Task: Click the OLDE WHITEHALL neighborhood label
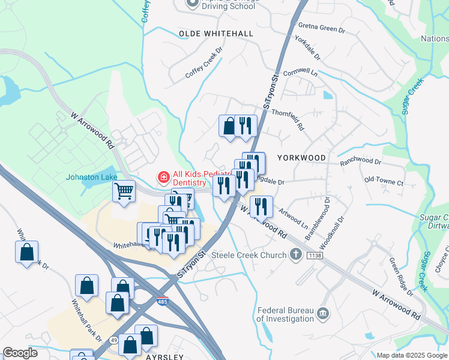click(x=216, y=34)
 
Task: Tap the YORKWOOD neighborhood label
click(x=302, y=158)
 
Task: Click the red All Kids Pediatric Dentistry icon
click(x=163, y=178)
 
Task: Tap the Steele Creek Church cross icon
click(x=295, y=255)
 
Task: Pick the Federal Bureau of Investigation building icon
click(x=323, y=313)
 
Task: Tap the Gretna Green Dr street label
click(x=321, y=29)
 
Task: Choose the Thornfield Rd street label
click(x=289, y=120)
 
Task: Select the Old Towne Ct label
click(x=384, y=179)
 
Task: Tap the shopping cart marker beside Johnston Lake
click(x=124, y=192)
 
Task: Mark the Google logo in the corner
click(x=20, y=353)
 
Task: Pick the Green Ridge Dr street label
click(x=400, y=276)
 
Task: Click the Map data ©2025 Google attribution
click(x=411, y=355)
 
